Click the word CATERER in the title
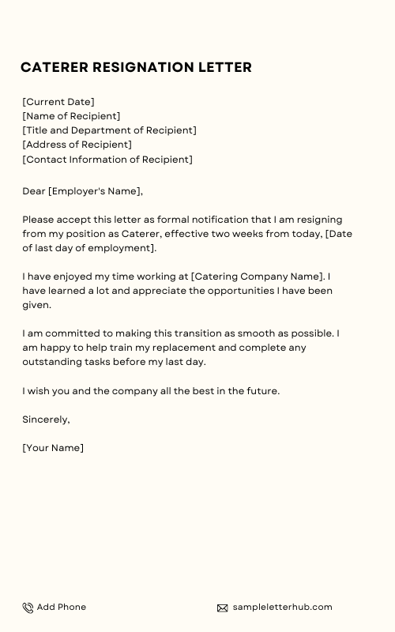54,67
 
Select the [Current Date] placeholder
58,102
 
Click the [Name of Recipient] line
71,116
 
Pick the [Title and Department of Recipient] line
109,130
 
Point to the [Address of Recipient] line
77,145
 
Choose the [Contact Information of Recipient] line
107,159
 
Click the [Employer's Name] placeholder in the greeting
96,191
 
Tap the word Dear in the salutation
34,191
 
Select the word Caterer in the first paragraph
141,234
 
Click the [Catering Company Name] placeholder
258,276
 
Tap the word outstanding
51,362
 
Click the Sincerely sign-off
46,419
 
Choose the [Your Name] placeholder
53,448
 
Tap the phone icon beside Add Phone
28,608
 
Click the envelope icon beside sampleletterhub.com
223,608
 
